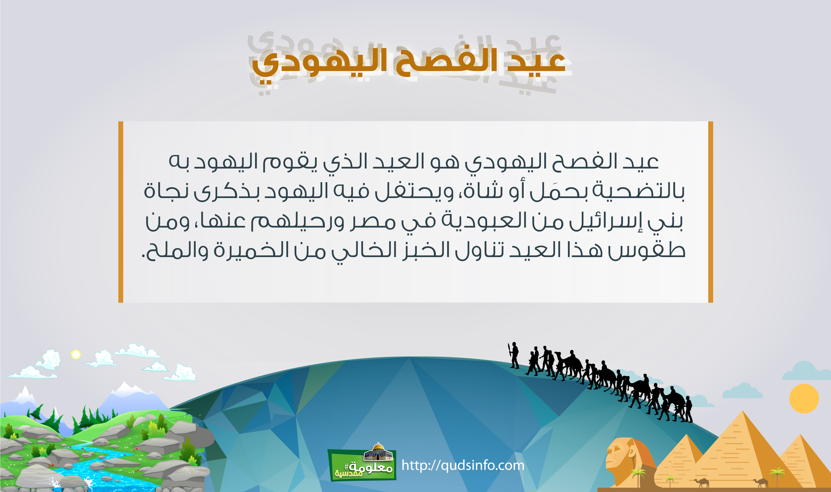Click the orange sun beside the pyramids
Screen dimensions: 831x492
(804, 399)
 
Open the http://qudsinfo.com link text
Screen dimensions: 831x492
(463, 465)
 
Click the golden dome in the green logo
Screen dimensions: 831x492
(378, 446)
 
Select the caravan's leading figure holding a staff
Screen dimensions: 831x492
(514, 355)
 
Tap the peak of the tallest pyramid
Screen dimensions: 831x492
(743, 411)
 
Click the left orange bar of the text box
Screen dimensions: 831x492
(120, 212)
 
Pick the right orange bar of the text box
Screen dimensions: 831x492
(711, 212)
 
